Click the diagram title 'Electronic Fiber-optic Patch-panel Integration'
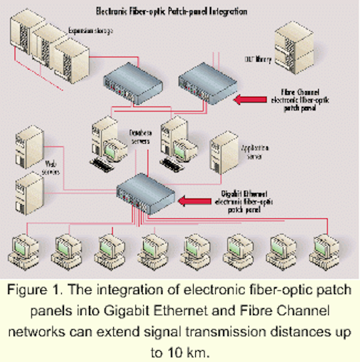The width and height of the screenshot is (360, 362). click(179, 10)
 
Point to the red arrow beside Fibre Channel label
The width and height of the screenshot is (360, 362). click(256, 101)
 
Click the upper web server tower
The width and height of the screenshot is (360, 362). click(28, 149)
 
